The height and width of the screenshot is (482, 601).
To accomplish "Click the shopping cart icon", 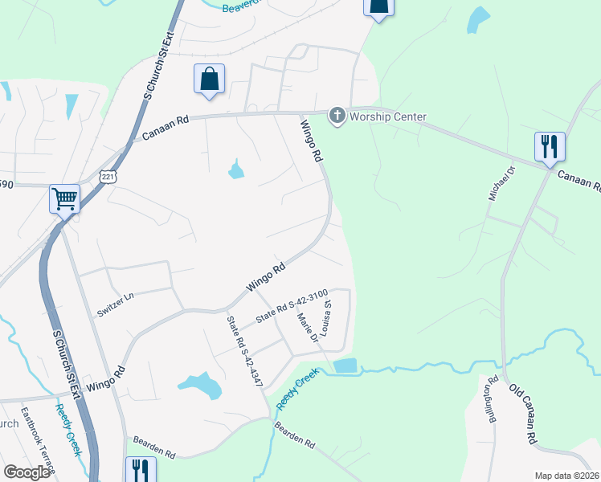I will click(x=64, y=198).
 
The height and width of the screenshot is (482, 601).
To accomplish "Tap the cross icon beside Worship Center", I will click(x=337, y=117).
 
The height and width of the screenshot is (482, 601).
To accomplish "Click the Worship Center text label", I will click(x=389, y=117).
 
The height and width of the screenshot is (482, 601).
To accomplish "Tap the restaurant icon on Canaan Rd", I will click(x=550, y=147).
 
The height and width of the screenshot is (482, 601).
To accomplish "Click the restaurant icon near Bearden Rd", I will click(x=137, y=468).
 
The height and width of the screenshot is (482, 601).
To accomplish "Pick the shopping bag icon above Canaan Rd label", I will click(x=209, y=80).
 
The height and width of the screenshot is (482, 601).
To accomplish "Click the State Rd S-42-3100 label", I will click(x=292, y=307).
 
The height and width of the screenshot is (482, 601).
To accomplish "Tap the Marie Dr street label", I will click(x=309, y=330).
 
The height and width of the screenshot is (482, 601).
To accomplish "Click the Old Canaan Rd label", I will click(x=522, y=414).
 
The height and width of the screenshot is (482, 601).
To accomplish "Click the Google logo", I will click(x=26, y=472).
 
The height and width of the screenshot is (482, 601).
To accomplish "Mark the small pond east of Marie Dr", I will click(x=345, y=366).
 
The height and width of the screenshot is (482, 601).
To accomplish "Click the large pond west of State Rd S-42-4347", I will click(x=201, y=386).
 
